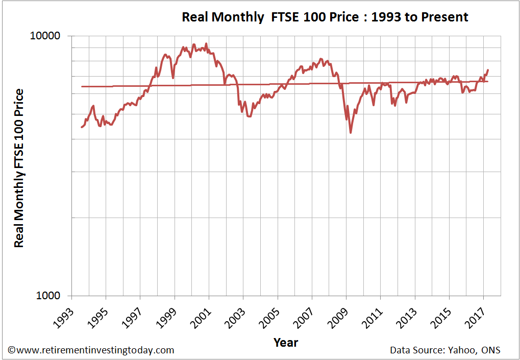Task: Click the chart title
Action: point(325,17)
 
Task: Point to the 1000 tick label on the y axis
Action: point(49,296)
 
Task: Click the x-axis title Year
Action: point(286,342)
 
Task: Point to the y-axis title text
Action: point(19,168)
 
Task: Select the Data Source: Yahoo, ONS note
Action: point(445,350)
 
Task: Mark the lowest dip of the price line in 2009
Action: point(351,133)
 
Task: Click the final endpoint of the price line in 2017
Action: point(488,70)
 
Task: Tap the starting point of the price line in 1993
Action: point(81,127)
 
